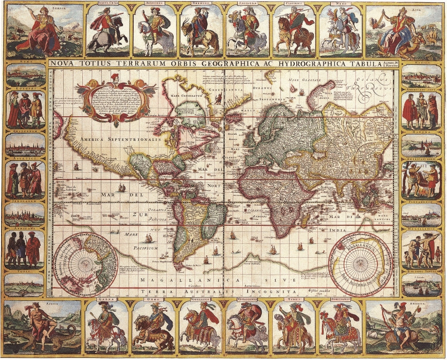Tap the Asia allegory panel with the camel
click(x=404, y=30)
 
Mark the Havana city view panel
click(x=421, y=146)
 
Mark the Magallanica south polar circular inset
click(x=360, y=264)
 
